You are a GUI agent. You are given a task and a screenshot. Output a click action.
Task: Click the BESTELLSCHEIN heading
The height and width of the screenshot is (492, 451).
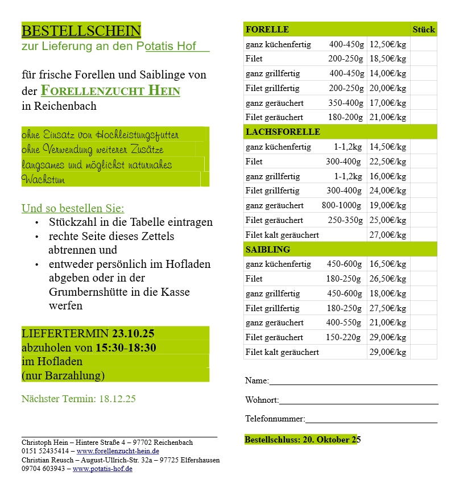click(81, 30)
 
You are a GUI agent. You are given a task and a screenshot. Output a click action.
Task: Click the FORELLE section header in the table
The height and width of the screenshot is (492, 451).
click(267, 30)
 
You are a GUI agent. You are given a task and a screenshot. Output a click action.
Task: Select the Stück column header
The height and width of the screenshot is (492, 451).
click(423, 30)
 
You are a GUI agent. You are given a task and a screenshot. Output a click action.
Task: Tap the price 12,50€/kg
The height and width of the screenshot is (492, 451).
click(388, 44)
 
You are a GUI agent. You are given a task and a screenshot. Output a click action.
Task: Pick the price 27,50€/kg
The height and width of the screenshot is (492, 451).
click(388, 308)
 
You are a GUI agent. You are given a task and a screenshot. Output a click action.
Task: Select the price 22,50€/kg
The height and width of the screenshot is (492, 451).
click(388, 162)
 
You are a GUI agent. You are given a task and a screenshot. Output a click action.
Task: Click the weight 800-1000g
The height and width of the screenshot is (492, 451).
click(341, 205)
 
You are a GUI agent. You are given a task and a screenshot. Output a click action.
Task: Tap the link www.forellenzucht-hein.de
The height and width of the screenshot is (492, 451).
click(118, 451)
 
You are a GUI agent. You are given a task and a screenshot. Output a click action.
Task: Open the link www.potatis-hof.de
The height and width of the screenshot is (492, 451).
click(102, 469)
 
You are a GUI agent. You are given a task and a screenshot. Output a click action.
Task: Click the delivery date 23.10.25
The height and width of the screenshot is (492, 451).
click(133, 333)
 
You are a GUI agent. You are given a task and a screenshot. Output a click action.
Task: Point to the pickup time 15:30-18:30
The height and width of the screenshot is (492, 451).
click(126, 348)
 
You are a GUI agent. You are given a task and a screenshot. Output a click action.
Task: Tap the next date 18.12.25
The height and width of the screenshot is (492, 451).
click(117, 399)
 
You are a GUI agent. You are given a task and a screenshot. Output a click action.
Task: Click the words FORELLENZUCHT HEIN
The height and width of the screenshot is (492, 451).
click(110, 91)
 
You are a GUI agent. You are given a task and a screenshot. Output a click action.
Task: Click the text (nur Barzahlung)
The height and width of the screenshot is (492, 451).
click(63, 375)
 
